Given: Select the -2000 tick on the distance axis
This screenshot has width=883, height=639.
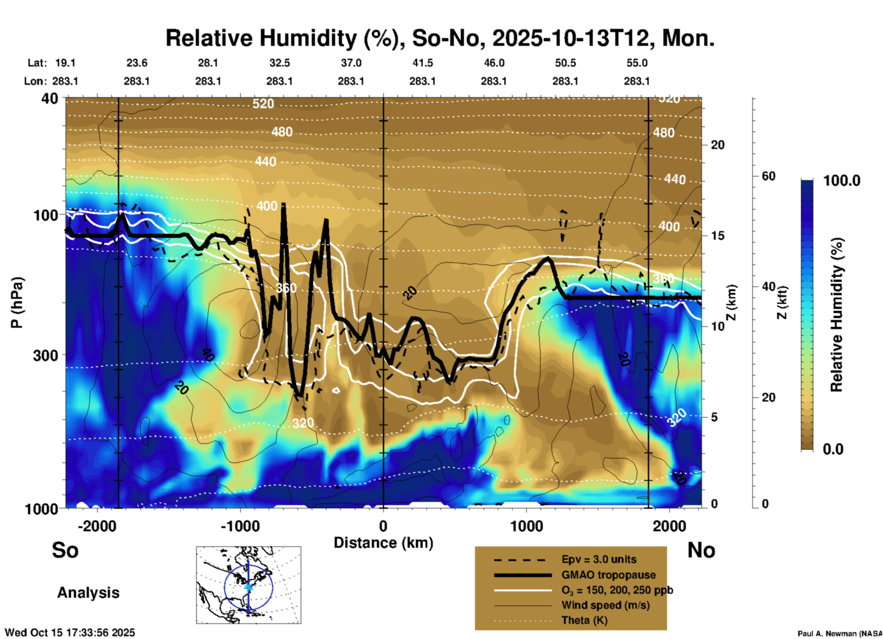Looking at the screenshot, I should (97, 526).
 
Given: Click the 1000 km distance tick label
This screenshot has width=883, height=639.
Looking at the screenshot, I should (526, 526).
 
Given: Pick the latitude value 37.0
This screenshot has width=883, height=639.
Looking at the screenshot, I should (351, 63).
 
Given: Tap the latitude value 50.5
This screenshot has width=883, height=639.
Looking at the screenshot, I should (565, 63).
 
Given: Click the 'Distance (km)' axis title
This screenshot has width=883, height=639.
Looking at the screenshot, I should (383, 543).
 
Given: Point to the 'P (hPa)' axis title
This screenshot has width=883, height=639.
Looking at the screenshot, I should (17, 303).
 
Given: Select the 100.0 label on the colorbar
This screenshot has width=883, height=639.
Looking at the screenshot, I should (842, 181).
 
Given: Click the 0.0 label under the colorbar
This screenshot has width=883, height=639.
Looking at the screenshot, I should (833, 449).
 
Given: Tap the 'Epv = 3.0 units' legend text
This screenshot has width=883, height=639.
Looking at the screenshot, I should (599, 560).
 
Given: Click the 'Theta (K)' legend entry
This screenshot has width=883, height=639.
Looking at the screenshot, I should (584, 620).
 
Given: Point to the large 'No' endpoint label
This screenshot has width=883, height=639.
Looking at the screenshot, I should (701, 550).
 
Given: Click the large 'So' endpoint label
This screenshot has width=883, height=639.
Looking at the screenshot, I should (65, 550).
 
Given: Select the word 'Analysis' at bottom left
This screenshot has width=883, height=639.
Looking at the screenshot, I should (88, 593).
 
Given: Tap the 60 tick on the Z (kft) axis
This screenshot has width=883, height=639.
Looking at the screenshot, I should (768, 176).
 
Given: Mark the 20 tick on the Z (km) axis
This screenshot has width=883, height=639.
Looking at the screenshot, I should (717, 145).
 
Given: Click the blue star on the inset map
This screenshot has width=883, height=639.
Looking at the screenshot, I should (248, 587).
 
